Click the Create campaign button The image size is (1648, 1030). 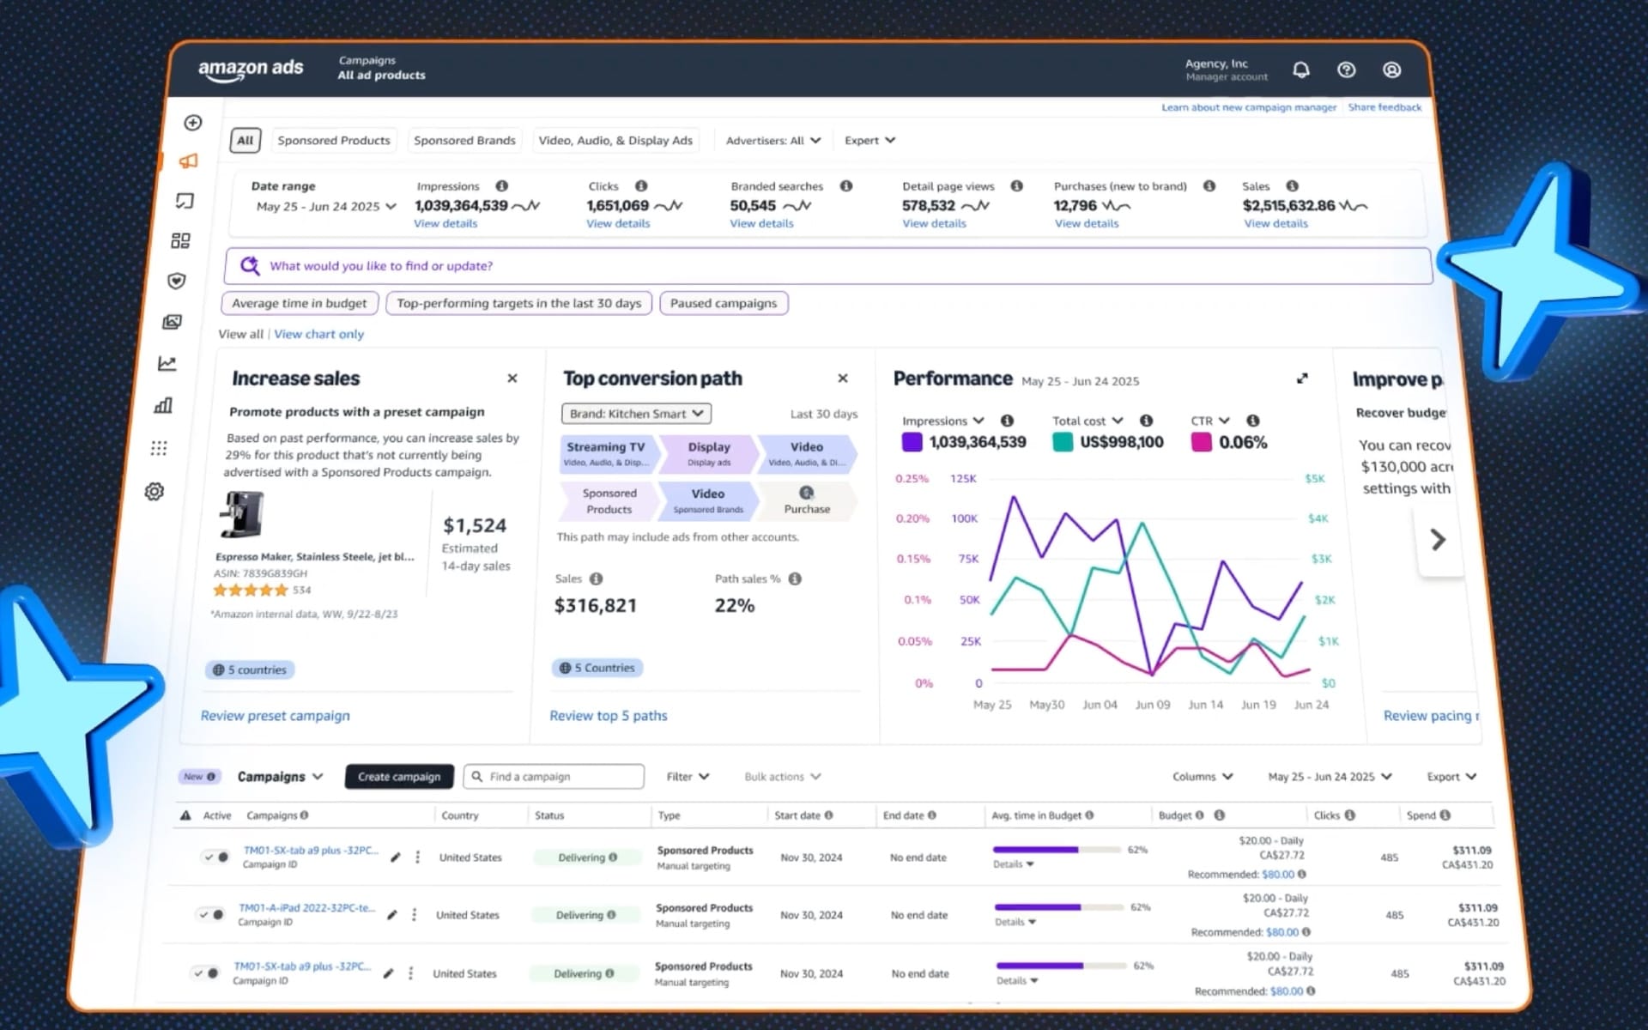[x=398, y=776]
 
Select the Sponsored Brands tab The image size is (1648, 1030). [x=464, y=140]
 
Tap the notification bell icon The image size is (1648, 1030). [x=1301, y=70]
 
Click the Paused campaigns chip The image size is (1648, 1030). [x=723, y=303]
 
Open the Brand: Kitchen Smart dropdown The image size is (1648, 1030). [x=636, y=414]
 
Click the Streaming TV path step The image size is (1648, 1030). [x=606, y=453]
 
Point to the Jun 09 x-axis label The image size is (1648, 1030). [x=1152, y=705]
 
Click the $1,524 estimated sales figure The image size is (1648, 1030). [x=475, y=525]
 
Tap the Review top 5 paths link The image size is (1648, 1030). [x=608, y=715]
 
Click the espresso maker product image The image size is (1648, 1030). [x=243, y=515]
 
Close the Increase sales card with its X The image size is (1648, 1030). [x=512, y=379]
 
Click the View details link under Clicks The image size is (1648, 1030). [x=618, y=223]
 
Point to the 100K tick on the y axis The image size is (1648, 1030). [x=964, y=518]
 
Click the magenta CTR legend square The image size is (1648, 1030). [x=1201, y=442]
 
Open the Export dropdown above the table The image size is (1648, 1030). [x=1451, y=776]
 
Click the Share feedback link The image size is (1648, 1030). [x=1384, y=107]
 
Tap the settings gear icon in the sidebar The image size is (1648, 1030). [x=154, y=491]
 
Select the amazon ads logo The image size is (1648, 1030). [x=251, y=69]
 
